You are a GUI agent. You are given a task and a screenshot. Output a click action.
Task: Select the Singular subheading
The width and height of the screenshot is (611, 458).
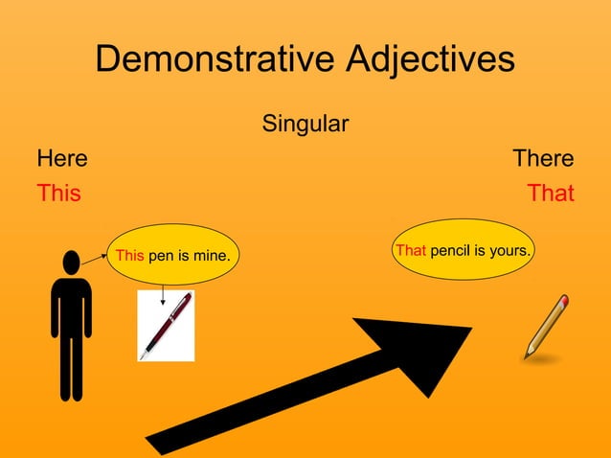point(305,124)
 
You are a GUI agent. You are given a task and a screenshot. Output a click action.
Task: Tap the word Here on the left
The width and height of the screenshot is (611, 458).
point(61,158)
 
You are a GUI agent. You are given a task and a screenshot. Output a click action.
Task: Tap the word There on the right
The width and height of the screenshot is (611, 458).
point(543,158)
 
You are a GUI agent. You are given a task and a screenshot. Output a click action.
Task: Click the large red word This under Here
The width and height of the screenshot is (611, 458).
point(58,193)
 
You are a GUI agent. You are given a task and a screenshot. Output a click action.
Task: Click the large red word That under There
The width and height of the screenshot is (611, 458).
point(551,193)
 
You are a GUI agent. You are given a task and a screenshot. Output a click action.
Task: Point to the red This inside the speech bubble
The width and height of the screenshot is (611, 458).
point(130,255)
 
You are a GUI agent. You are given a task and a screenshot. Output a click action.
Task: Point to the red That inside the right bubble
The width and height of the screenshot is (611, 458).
point(410,250)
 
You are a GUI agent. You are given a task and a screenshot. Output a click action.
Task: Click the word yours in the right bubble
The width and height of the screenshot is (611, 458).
point(510,250)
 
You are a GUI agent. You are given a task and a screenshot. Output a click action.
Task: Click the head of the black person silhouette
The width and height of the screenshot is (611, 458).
point(71,262)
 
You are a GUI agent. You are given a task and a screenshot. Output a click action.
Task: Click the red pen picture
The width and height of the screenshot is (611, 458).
point(166,326)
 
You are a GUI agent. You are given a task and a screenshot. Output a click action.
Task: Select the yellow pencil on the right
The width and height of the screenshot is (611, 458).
point(546,328)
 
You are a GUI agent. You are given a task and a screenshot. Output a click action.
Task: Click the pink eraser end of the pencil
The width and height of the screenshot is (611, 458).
point(564,301)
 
